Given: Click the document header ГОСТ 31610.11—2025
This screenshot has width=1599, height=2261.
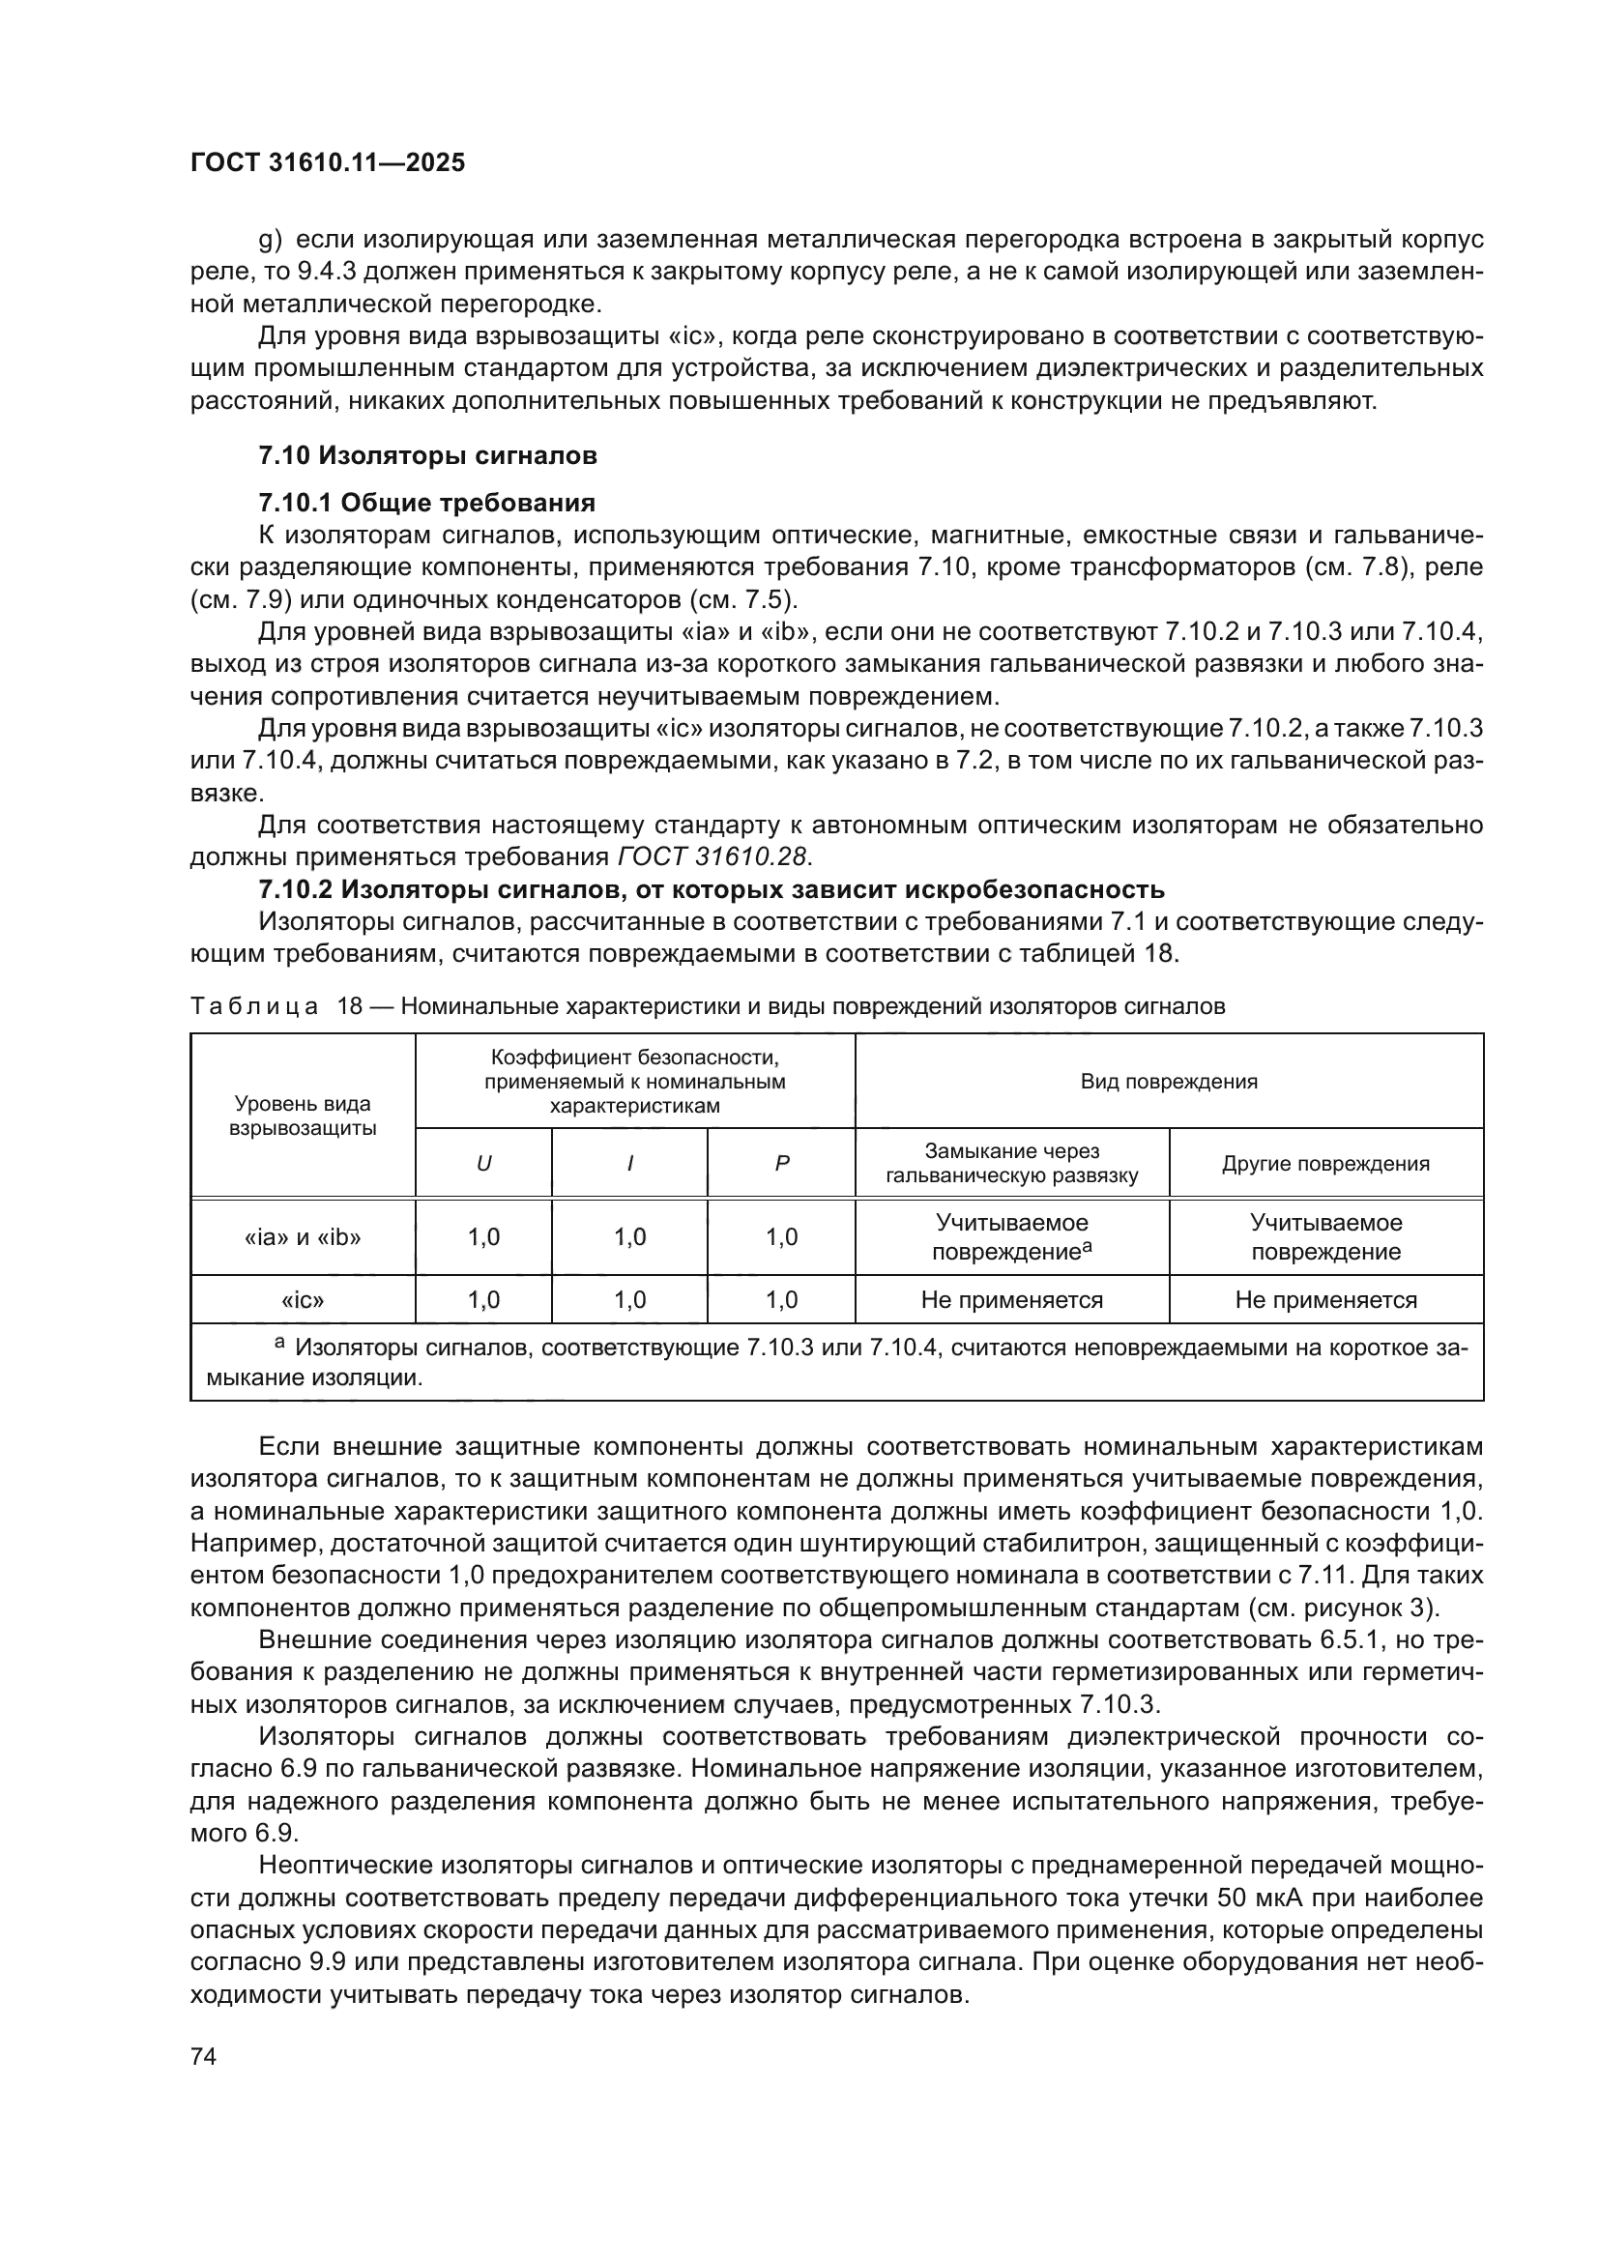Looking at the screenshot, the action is [327, 163].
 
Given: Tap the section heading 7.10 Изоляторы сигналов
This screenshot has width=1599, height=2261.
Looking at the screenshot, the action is [427, 455].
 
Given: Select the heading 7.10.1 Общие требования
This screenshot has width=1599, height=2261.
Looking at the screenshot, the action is [426, 504].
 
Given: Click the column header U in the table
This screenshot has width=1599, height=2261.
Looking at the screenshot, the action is [483, 1163].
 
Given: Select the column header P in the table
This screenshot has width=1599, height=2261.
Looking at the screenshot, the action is [781, 1163].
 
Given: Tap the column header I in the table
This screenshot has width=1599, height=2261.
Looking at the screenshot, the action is [629, 1163].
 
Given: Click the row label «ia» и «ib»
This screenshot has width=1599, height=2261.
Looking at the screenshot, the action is [303, 1237].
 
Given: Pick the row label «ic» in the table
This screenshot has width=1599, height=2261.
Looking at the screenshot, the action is [303, 1300].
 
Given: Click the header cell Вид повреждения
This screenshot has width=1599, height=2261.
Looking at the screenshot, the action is [1169, 1082].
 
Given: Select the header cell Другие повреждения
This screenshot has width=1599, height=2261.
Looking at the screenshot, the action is [1325, 1163].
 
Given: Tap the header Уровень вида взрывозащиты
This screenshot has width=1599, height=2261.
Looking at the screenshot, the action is [303, 1116].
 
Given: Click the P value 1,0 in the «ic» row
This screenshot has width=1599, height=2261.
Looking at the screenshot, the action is [781, 1300].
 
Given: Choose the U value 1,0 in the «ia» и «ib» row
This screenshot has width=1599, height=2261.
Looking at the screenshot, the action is [483, 1237].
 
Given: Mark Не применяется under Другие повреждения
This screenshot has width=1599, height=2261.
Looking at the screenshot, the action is [1325, 1300].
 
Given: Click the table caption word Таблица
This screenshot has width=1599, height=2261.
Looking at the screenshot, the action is [255, 1006].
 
